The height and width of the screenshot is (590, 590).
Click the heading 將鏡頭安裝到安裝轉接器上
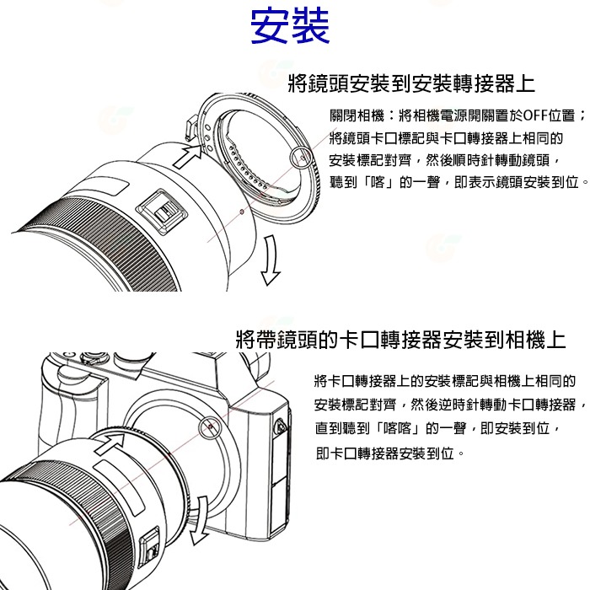(x=410, y=83)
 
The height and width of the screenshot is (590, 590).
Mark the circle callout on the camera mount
(x=207, y=431)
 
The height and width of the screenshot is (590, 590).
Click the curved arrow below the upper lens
(x=269, y=262)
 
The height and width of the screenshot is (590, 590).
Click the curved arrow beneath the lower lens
(x=198, y=523)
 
